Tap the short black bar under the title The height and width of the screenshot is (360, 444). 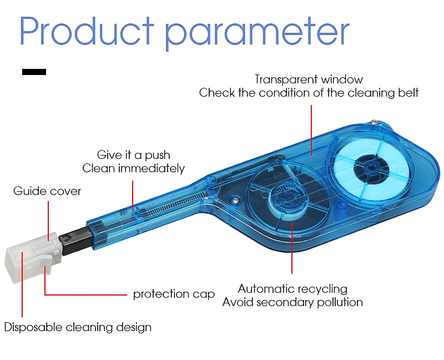click(34, 72)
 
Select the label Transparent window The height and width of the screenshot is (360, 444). click(309, 79)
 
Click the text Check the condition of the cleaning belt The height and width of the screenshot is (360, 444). click(309, 93)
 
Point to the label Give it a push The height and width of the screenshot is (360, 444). click(133, 155)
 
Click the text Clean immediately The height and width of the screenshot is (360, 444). click(133, 168)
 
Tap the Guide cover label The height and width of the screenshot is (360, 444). click(47, 191)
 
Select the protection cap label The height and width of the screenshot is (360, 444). click(174, 294)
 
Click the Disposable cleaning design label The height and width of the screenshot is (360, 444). click(78, 327)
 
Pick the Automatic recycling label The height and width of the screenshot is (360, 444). click(292, 289)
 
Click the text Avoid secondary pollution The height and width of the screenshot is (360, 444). click(292, 302)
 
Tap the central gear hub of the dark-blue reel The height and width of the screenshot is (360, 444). click(287, 197)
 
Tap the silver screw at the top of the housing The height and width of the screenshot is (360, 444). click(375, 121)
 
